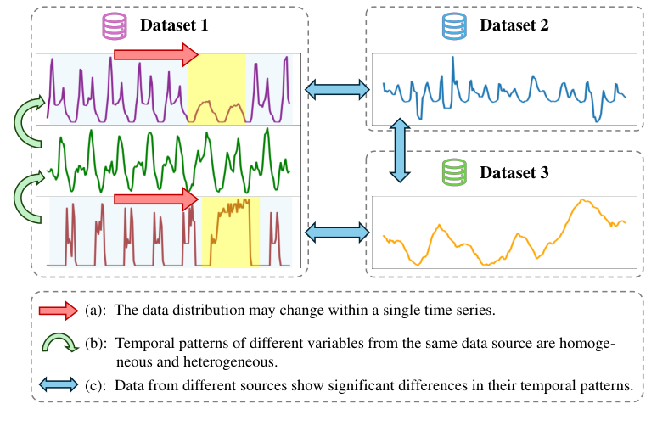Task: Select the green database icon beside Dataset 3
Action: click(x=452, y=173)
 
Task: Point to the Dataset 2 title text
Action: click(x=514, y=25)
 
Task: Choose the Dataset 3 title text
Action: click(x=514, y=173)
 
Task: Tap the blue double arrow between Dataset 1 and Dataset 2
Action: click(x=336, y=88)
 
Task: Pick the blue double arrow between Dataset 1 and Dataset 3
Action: click(x=336, y=230)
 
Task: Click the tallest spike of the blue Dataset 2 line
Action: click(x=452, y=58)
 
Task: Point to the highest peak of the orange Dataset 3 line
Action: click(x=582, y=200)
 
